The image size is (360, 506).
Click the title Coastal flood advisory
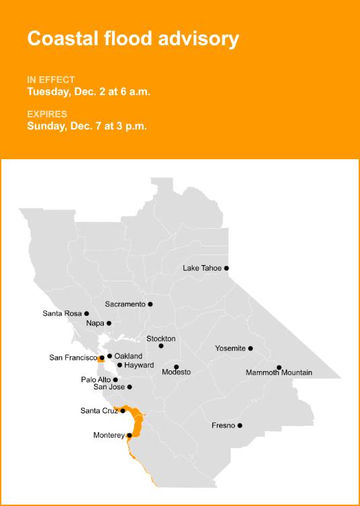133,38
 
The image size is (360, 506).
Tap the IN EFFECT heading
51,80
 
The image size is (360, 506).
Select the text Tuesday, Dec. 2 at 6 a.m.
88,91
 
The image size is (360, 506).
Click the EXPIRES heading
47,114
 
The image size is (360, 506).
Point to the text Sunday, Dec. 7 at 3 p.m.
87,125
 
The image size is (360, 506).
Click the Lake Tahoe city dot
227,268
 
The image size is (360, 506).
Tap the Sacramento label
125,304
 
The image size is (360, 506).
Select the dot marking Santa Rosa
86,313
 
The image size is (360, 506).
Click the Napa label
94,324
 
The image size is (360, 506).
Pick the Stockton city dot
161,346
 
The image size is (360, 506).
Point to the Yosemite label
230,348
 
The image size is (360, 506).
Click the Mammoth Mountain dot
279,368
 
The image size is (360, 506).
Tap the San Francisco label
73,358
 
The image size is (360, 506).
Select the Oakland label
128,356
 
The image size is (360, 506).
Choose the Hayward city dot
119,365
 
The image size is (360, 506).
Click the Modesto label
177,372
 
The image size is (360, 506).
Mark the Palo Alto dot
115,380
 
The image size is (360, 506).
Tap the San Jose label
109,387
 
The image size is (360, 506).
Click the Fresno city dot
240,425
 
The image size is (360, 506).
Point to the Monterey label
109,436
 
